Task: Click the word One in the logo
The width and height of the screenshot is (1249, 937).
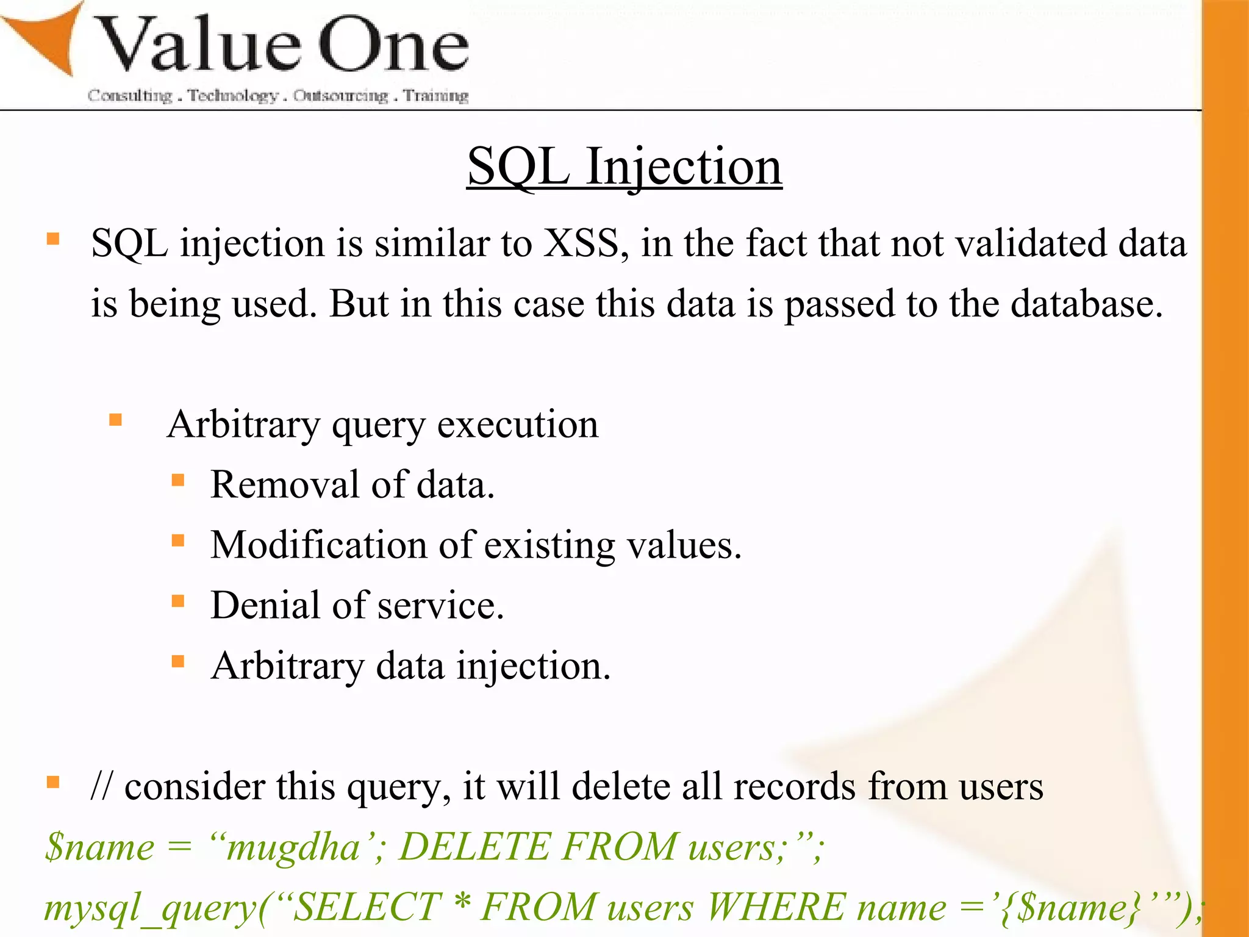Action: (x=393, y=46)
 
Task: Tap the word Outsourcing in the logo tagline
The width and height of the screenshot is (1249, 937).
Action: (x=340, y=96)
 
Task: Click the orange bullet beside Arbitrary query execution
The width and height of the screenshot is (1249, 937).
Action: (x=116, y=420)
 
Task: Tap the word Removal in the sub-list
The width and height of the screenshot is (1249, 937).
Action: (x=284, y=485)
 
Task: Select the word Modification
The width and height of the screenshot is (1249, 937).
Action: (x=318, y=545)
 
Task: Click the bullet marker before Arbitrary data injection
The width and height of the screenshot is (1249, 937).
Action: (x=178, y=661)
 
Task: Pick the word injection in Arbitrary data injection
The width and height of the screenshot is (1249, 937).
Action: (x=533, y=666)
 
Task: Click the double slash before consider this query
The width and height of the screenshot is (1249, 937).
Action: (x=101, y=786)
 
